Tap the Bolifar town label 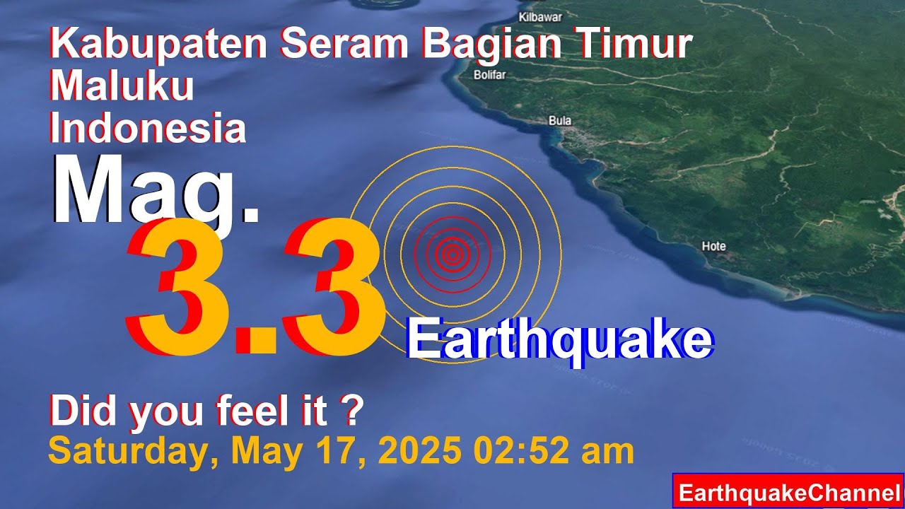click(x=489, y=76)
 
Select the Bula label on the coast click(x=560, y=121)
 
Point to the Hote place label click(x=713, y=246)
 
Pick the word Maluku click(x=122, y=87)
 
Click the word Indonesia click(x=148, y=129)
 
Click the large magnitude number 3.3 click(x=255, y=290)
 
